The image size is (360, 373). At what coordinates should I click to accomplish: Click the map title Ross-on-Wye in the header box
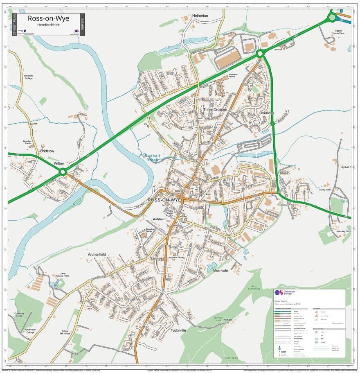coord(48,18)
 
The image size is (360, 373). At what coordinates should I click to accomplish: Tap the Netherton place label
coord(200,16)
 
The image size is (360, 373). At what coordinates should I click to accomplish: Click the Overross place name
coord(266,113)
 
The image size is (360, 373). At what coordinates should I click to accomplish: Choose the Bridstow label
coord(47,151)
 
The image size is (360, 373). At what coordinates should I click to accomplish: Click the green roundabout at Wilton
coord(63,172)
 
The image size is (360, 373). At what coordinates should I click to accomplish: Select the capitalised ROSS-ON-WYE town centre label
coord(164,200)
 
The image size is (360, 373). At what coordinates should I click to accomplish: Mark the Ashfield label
coord(159,219)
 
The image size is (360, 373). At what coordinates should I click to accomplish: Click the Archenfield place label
coord(97,254)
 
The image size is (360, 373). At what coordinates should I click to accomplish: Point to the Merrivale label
coord(220,270)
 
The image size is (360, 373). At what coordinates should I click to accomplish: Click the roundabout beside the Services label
coord(259,53)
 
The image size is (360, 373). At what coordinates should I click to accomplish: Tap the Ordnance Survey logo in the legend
coord(279,293)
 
